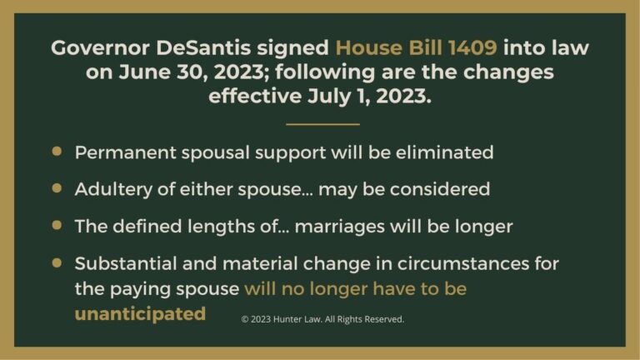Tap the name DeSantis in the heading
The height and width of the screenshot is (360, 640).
point(212,47)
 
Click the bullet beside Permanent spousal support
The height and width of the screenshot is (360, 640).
point(57,152)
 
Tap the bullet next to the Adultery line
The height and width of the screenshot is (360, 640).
point(57,188)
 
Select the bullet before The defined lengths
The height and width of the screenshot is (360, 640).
point(57,225)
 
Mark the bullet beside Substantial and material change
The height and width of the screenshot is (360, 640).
point(57,262)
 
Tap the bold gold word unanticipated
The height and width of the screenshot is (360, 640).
point(140,314)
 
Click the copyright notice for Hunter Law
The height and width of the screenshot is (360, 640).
point(322,318)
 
